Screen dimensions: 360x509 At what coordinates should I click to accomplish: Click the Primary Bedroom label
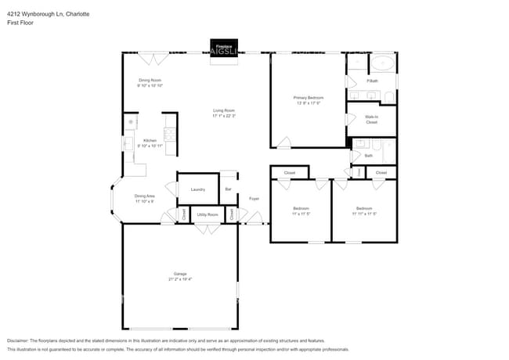[x=308, y=98]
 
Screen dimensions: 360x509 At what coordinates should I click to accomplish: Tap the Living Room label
[x=224, y=110]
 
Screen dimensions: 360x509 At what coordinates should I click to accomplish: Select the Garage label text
[x=180, y=275]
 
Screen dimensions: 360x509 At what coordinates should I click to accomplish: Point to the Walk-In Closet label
[x=371, y=119]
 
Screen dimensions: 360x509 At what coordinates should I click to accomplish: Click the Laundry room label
[x=197, y=189]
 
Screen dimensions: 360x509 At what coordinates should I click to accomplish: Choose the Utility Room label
[x=207, y=214]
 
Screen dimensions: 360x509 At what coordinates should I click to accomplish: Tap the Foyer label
[x=254, y=199]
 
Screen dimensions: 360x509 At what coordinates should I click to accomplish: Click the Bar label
[x=228, y=189]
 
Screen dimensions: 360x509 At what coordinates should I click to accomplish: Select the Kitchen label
[x=150, y=141]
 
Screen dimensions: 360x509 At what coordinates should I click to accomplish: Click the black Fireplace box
[x=224, y=47]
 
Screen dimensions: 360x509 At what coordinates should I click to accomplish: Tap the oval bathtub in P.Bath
[x=383, y=63]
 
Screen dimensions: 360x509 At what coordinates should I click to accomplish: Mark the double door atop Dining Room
[x=153, y=58]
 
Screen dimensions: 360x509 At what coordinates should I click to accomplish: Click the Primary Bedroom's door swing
[x=283, y=142]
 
